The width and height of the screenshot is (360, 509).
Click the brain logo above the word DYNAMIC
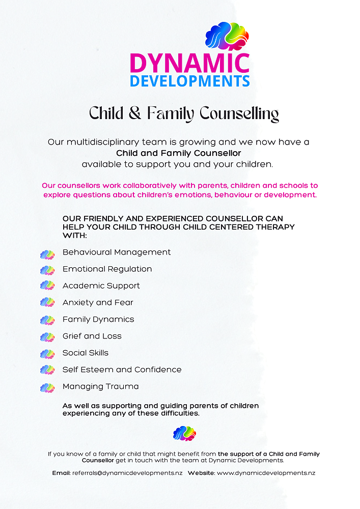point(227,36)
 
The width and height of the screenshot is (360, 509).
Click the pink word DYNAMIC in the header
point(189,63)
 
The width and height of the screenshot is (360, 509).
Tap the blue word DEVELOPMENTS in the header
point(189,81)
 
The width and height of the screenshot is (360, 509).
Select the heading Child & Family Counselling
point(184,113)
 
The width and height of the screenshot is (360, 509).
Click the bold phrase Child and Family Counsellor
point(179,153)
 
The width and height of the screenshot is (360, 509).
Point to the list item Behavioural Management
point(117,252)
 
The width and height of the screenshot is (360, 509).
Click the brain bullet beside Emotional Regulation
point(47,270)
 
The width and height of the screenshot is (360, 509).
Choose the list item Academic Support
point(101,286)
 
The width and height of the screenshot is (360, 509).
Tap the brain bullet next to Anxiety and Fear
point(47,303)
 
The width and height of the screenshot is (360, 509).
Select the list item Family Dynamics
point(98,320)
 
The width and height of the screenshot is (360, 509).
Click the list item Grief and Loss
point(92,336)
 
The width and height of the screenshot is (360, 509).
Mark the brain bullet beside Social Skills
point(47,354)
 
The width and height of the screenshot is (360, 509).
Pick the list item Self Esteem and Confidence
point(122,370)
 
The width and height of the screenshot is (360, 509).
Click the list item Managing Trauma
point(100,387)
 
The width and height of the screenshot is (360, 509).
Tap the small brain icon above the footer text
point(184,433)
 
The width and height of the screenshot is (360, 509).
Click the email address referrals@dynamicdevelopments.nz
point(127,473)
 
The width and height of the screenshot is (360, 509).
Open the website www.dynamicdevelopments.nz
point(266,473)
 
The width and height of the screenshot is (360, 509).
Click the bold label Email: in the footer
point(61,473)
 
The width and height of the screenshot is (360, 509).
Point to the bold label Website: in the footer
point(201,473)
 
